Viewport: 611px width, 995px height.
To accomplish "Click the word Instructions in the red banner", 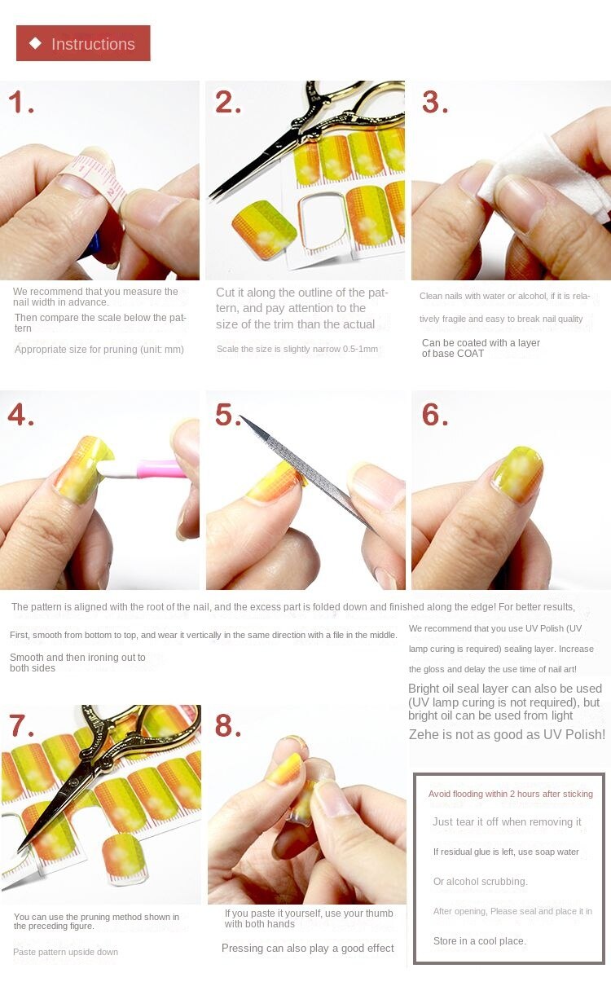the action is point(93,44).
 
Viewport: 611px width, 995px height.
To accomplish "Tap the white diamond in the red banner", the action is point(35,43).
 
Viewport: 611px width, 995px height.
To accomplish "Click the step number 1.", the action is point(20,102).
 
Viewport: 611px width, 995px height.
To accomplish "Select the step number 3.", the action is point(435,102).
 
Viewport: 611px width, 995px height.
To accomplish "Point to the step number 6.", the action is point(435,415).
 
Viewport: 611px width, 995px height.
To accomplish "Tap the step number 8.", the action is point(228,725).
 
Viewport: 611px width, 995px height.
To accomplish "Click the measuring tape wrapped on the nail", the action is point(95,176).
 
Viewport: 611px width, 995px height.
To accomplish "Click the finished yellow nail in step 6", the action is point(518,474).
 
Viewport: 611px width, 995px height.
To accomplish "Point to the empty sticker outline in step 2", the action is point(323,220).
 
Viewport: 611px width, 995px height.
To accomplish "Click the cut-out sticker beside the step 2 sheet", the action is point(265,229).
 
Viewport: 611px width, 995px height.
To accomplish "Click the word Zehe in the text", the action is point(424,735).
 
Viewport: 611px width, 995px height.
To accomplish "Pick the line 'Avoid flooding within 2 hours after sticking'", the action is point(511,794).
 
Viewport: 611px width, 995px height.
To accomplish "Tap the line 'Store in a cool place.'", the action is point(480,940).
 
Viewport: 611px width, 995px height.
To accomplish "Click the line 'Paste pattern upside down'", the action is point(66,952).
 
